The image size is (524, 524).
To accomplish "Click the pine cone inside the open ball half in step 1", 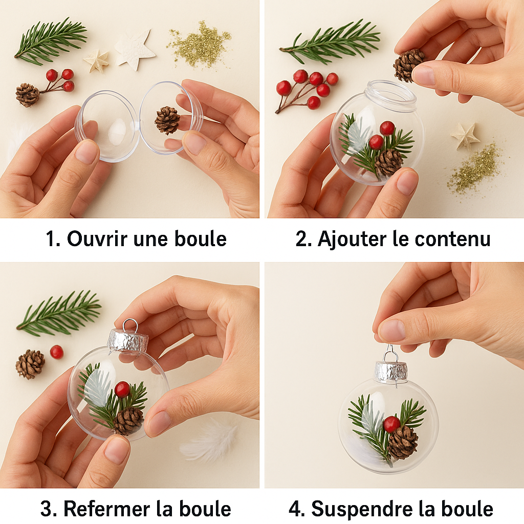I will click(167, 120).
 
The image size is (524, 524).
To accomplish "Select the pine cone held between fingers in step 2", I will click(409, 64).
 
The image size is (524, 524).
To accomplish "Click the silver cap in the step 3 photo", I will click(128, 341).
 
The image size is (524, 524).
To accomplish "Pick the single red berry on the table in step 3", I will click(57, 352).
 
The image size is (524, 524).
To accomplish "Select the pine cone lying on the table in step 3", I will click(30, 364).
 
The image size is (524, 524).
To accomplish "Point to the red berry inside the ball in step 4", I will click(391, 424).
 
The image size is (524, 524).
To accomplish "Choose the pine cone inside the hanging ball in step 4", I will click(403, 442).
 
